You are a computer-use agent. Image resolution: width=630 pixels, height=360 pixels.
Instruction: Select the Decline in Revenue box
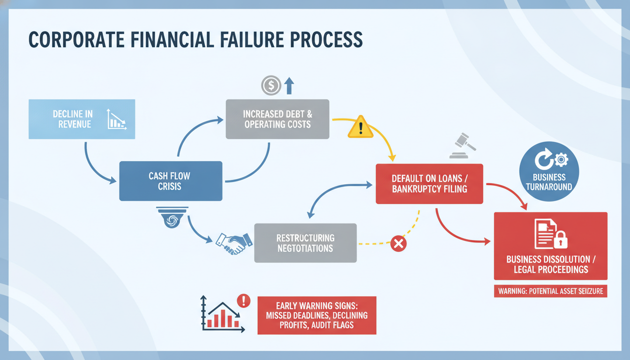point(82,119)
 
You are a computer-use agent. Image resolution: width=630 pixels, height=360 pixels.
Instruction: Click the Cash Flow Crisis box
point(171,181)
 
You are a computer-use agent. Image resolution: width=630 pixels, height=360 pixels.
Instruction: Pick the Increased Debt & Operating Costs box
point(277,119)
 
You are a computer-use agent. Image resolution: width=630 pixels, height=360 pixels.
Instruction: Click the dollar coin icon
point(271,85)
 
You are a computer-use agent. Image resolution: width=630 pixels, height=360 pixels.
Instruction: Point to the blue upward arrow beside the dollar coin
point(289,86)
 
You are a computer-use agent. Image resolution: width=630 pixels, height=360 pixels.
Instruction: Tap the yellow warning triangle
point(360,127)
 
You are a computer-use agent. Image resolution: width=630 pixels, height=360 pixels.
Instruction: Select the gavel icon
point(463,145)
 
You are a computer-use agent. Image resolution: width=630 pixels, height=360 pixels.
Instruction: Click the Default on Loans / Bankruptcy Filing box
point(429,184)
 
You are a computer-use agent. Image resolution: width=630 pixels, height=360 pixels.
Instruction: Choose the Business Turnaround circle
point(549,171)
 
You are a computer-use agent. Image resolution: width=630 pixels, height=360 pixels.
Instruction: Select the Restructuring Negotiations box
point(306,243)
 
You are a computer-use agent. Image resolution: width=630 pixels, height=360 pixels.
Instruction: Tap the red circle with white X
point(398,244)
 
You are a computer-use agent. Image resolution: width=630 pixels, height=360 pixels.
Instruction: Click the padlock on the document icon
point(561,240)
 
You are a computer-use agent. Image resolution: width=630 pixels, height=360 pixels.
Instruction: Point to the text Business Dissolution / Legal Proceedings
point(551,264)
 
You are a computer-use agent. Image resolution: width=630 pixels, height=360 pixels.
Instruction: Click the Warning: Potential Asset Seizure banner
point(551,291)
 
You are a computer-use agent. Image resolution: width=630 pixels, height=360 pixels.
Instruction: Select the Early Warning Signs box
point(317,315)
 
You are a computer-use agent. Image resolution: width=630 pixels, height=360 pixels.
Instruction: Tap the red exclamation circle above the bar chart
point(244,300)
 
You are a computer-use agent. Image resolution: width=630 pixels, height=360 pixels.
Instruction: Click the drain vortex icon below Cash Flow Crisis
point(172,217)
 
